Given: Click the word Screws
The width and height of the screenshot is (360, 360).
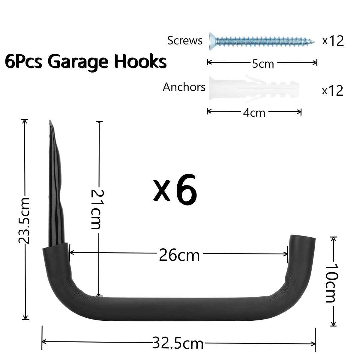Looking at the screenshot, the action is point(184,40).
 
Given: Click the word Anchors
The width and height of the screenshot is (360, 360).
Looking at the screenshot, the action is point(184,87).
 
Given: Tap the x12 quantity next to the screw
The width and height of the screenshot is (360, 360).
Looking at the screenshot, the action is point(333,41).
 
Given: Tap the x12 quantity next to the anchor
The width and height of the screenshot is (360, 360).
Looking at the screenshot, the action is point(333,91).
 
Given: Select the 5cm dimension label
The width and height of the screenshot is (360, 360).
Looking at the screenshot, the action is point(263,64).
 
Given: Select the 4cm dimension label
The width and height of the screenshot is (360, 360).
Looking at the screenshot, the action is point(254,113).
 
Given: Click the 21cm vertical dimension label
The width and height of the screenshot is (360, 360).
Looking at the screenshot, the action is point(96,209).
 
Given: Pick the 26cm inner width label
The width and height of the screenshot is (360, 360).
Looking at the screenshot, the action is point(179,255).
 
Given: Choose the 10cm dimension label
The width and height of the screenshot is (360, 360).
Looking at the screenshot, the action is point(331,283).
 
